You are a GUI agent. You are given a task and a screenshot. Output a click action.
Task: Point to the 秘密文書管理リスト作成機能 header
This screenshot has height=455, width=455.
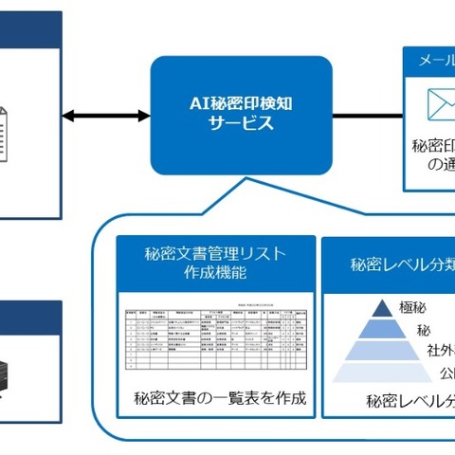[216, 263]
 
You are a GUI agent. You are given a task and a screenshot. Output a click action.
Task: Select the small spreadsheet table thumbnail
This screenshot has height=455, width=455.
[216, 337]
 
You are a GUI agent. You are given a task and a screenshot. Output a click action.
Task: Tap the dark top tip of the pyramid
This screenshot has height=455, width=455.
[382, 308]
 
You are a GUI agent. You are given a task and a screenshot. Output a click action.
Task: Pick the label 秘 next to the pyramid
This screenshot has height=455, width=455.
[423, 331]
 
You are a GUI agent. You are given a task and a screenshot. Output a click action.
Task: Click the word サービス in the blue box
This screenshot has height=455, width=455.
[241, 124]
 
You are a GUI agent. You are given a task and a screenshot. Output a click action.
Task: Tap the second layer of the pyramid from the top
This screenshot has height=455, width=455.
[383, 330]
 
